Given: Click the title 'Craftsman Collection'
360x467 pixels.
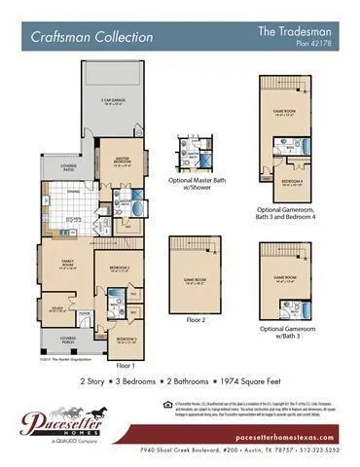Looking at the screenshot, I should click(x=91, y=37).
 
